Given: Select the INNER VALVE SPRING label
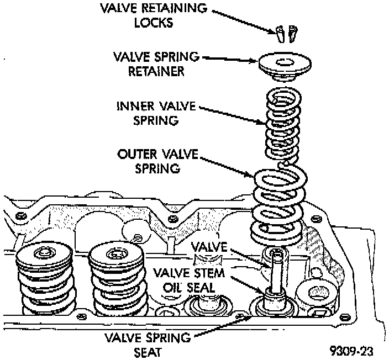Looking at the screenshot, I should point(151,112).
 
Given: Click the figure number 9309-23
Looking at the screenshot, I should point(353,349).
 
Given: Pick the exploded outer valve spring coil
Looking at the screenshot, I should point(279,207).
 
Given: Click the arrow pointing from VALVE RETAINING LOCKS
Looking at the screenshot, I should point(246,21).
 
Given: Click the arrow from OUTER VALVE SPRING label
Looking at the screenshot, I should point(227,166).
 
